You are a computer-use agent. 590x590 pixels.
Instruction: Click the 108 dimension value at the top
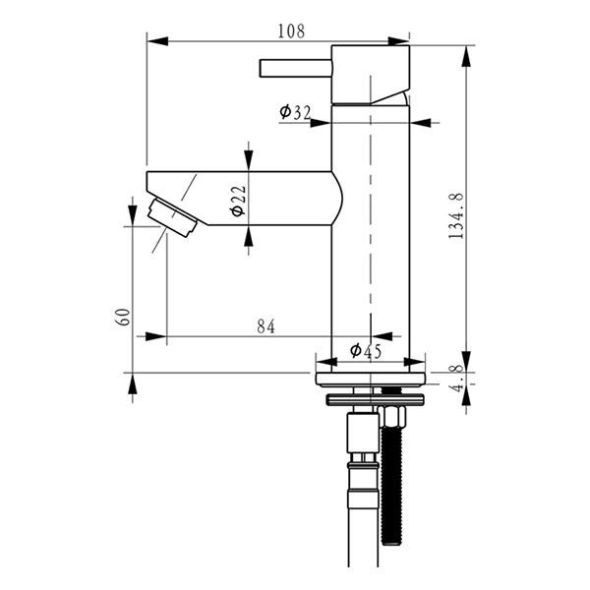click(291, 31)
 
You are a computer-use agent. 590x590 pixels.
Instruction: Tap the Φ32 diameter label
click(295, 112)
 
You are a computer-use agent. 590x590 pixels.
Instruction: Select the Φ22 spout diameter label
click(239, 201)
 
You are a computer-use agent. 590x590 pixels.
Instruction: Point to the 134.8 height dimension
click(456, 216)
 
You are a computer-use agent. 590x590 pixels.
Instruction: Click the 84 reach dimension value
click(266, 326)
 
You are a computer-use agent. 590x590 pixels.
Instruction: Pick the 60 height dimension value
click(123, 317)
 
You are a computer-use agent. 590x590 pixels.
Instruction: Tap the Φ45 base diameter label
click(366, 351)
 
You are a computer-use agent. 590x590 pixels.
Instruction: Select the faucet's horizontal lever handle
click(296, 69)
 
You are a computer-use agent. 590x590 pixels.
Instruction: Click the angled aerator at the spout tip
click(172, 218)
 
